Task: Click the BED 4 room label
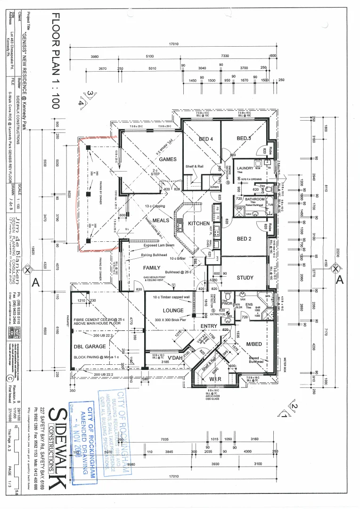206,139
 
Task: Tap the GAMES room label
167,159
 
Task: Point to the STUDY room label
245,278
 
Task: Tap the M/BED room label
254,344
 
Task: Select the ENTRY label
209,326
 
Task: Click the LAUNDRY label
245,168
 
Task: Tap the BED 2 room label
244,239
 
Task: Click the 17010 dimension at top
173,44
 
